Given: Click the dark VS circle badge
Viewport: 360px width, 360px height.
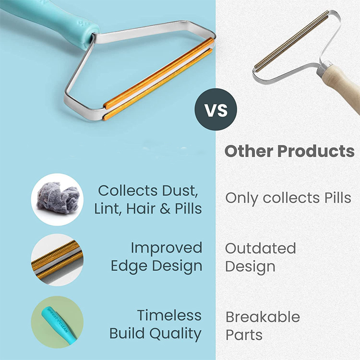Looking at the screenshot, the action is coord(216,109).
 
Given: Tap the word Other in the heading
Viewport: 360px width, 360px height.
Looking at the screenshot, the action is coord(249,151).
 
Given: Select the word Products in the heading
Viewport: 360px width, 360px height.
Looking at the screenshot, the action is coord(316,151).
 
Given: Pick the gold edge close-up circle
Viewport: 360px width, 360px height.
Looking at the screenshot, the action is coord(57,260).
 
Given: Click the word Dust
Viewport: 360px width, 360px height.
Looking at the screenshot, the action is coord(180,191).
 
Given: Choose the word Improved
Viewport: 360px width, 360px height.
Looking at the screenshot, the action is coord(167,248).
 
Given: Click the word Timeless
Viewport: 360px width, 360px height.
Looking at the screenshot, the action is coord(169,315).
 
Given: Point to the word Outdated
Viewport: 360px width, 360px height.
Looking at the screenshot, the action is coord(260,248).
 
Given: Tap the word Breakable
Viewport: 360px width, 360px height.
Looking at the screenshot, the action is coord(263,317).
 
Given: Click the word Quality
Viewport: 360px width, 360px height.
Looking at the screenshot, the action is coord(176,334).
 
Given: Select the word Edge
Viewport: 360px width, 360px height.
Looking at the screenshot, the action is coord(129,266).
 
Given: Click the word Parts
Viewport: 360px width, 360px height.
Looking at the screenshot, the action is coord(244,335).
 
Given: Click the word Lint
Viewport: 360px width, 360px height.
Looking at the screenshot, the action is coord(108,209).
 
